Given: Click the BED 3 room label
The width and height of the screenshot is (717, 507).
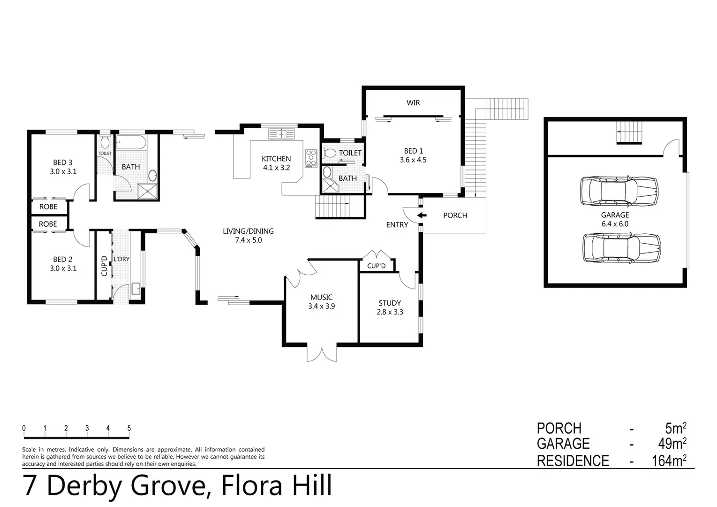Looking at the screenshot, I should click(62, 162).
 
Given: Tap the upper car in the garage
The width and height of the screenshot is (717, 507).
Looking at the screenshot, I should click(619, 191).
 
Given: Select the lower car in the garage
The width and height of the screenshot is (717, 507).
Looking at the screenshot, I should click(621, 248).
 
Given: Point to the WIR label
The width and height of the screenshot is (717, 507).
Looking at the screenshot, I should click(413, 102).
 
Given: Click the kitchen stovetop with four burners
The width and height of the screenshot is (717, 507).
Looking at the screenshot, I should click(311, 158).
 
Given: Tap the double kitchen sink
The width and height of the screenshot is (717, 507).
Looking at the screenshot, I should click(281, 134).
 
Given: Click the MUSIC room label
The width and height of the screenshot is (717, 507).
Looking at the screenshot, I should click(321, 297).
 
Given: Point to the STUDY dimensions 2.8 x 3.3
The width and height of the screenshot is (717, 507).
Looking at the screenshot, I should click(390, 312).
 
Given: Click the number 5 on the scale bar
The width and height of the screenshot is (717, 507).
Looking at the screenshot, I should click(129, 428).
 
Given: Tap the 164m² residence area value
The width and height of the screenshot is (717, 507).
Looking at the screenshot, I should click(669, 461).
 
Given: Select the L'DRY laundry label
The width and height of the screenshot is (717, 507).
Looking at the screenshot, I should click(121, 259).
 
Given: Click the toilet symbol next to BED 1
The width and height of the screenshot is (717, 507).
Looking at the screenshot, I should click(330, 153).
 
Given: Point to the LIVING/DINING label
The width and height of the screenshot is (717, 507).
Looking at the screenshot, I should click(248, 231).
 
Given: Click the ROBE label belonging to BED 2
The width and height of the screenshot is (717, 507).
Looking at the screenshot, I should click(48, 224).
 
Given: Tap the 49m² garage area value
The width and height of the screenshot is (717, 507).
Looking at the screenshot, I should click(672, 444).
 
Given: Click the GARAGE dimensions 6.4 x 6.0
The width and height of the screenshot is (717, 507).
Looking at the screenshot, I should click(615, 224).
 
